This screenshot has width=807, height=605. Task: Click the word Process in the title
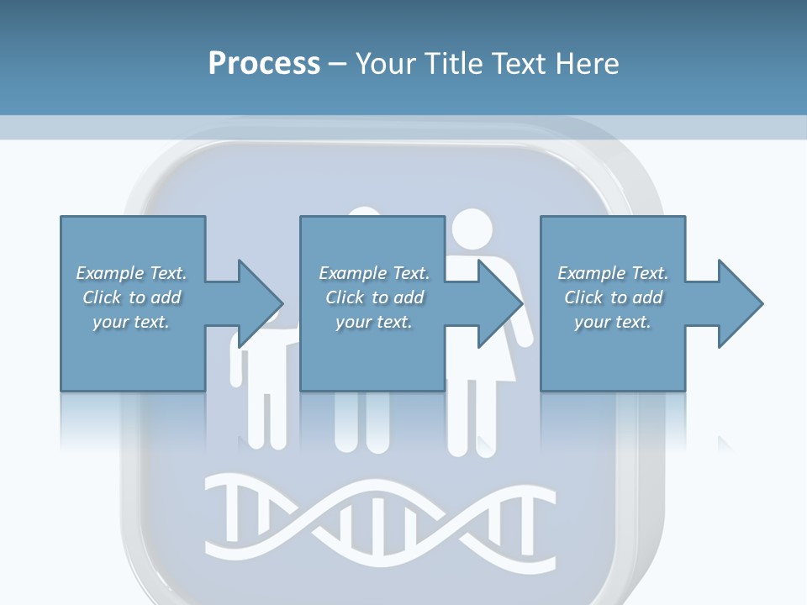(264, 63)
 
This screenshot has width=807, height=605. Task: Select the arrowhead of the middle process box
(498, 303)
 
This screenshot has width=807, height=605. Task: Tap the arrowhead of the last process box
(739, 303)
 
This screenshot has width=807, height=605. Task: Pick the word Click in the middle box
(345, 297)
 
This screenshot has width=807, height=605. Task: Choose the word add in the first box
(166, 297)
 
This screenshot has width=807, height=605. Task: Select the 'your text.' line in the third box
(612, 322)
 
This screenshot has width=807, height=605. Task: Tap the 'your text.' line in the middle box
(373, 322)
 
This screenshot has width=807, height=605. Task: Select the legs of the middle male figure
(362, 420)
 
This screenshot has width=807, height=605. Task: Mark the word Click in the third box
(583, 297)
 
